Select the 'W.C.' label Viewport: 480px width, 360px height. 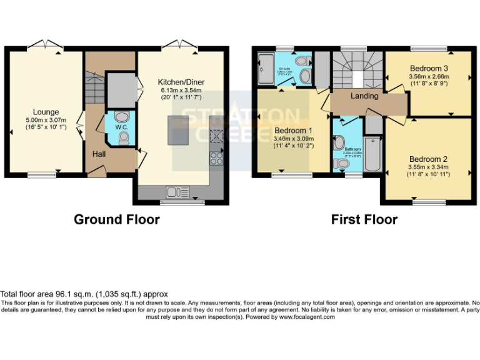122,127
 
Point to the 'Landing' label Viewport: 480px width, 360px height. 364,96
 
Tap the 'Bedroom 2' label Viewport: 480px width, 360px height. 428,159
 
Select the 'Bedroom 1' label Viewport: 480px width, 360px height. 292,131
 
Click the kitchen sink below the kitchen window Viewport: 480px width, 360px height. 177,191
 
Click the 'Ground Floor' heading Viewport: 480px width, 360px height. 116,219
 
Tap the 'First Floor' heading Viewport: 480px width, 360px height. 364,219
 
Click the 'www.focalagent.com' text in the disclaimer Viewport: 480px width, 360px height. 306,317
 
